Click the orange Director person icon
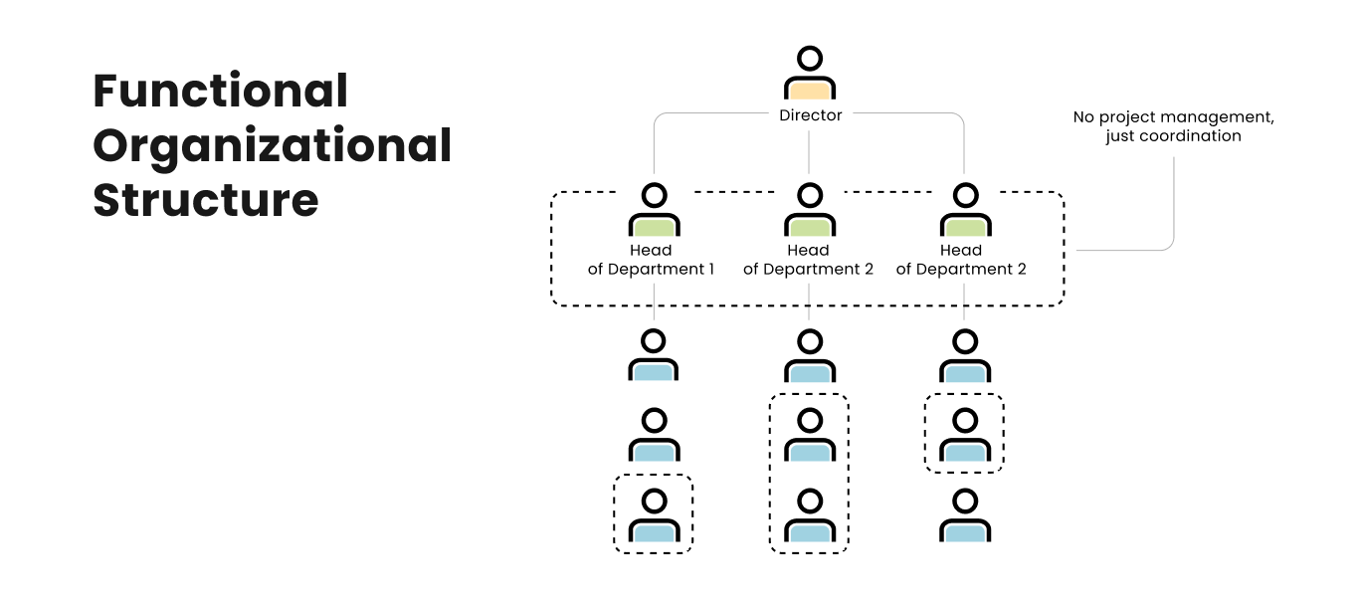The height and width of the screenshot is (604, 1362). (x=810, y=76)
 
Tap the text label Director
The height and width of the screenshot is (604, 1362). (x=810, y=115)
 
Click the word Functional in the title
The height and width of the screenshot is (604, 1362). (x=220, y=92)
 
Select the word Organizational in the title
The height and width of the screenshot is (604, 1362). (x=272, y=146)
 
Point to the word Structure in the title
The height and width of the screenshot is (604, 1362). (x=205, y=200)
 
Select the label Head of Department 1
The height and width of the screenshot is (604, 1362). (x=652, y=260)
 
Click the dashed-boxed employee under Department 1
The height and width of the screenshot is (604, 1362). (x=653, y=514)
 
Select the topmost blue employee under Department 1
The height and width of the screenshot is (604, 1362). (x=654, y=357)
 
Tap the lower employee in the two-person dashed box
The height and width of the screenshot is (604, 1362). (x=810, y=514)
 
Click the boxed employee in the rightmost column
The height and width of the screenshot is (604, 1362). (x=964, y=435)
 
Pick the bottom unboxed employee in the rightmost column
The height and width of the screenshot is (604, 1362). (x=964, y=514)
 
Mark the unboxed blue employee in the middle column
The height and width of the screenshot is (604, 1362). (x=810, y=357)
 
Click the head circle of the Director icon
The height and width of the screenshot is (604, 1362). (x=810, y=58)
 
